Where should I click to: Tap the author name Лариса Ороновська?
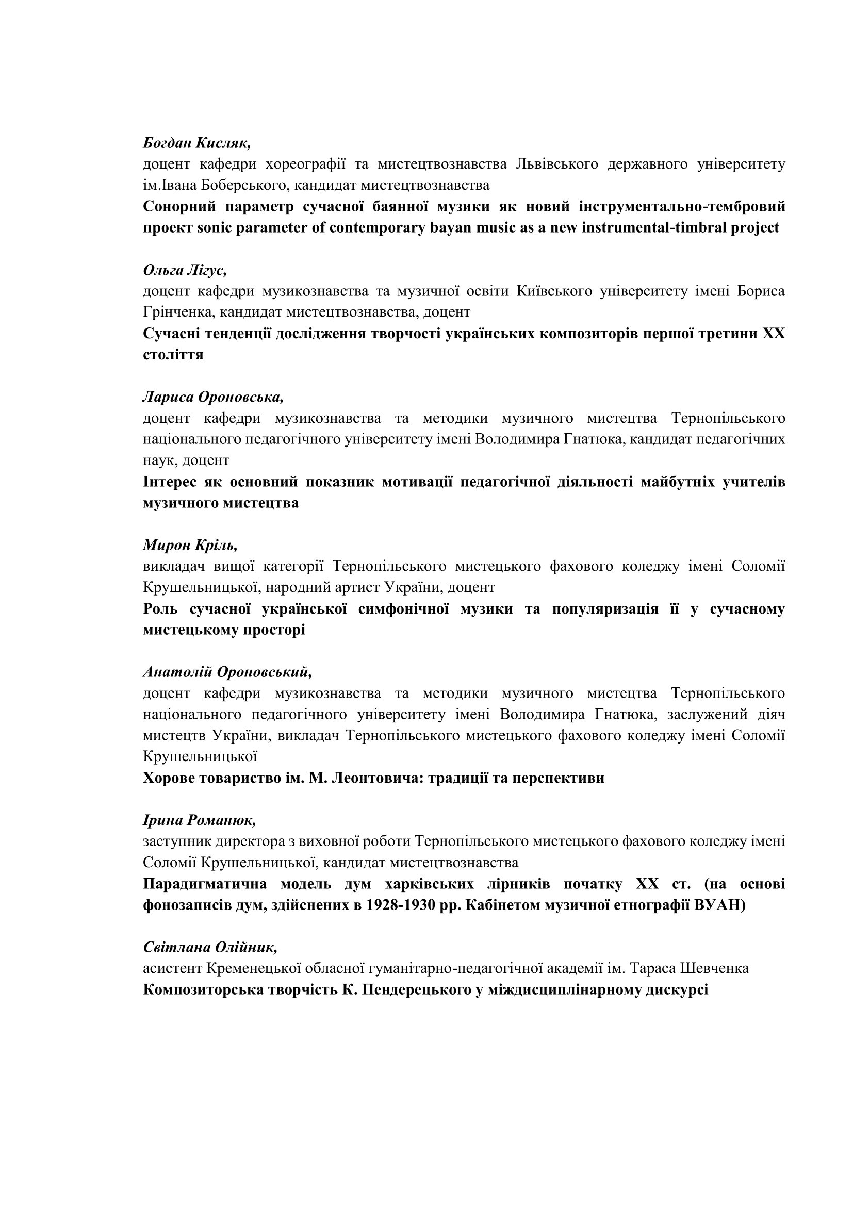point(212,397)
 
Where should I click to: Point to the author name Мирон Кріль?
point(190,545)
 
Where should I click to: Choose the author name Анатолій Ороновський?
point(227,672)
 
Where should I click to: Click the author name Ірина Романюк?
point(199,820)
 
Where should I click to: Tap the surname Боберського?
point(234,186)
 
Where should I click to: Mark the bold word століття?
point(173,355)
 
